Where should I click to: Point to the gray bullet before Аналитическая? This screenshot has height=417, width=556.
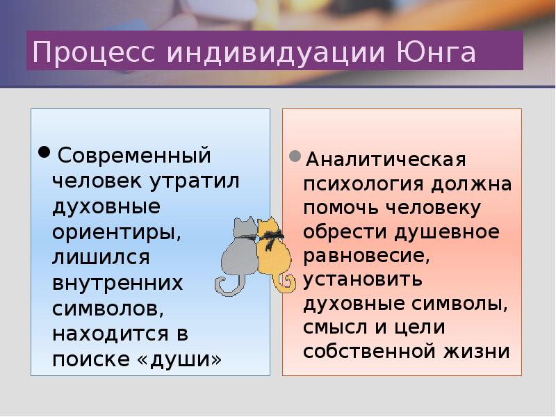click(x=295, y=156)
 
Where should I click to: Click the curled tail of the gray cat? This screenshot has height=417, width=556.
click(x=225, y=285)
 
